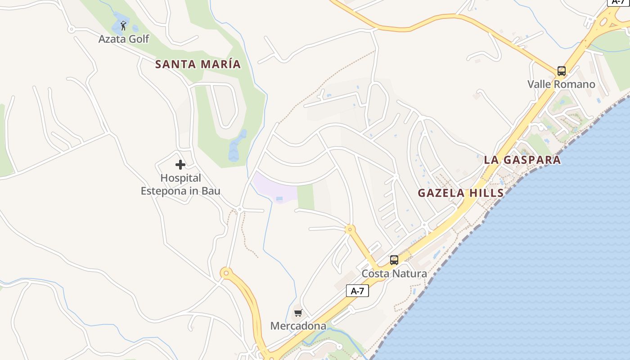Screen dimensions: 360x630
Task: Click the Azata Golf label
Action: click(x=124, y=39)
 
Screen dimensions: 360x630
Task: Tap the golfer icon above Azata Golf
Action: click(x=123, y=25)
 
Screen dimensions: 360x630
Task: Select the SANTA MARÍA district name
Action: click(x=198, y=64)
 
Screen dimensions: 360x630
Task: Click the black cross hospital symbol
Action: click(x=180, y=165)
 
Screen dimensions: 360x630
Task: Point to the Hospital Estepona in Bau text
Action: click(x=180, y=184)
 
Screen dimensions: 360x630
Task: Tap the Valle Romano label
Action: click(x=561, y=84)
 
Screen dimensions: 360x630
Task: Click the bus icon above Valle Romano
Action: click(x=561, y=71)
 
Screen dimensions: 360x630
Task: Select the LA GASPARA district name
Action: click(x=522, y=160)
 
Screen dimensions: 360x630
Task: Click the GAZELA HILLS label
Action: click(x=461, y=193)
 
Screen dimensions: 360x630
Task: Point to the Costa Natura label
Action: click(x=394, y=274)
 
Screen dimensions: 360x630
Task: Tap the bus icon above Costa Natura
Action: click(x=394, y=260)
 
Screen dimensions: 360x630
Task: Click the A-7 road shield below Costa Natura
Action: click(x=357, y=291)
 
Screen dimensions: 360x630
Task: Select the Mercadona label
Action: click(x=298, y=326)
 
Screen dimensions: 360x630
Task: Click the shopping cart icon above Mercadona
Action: click(x=298, y=313)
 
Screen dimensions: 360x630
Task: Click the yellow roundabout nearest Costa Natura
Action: click(x=350, y=229)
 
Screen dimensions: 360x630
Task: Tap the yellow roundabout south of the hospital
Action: click(x=226, y=273)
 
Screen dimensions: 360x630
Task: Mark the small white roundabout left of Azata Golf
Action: click(x=71, y=30)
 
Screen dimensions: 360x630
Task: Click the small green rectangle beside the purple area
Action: click(x=306, y=197)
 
